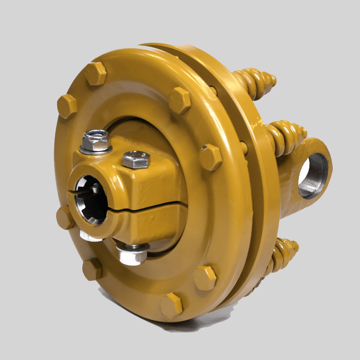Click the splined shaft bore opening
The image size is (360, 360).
(x=91, y=200)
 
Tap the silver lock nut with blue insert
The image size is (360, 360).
(x=95, y=140)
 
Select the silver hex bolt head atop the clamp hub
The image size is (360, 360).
(x=136, y=159)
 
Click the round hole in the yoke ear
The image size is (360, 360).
(x=313, y=176)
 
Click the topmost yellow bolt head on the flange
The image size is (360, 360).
(x=96, y=73)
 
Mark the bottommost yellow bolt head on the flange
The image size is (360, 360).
(x=172, y=305)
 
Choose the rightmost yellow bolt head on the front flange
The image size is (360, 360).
(x=211, y=157)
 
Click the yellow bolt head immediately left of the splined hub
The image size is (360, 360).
(x=65, y=217)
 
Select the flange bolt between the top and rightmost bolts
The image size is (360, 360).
(x=180, y=100)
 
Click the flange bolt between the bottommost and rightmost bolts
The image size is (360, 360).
(x=205, y=278)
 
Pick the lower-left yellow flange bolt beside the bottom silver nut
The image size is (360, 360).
(x=92, y=269)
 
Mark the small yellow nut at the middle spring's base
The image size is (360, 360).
(x=244, y=148)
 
